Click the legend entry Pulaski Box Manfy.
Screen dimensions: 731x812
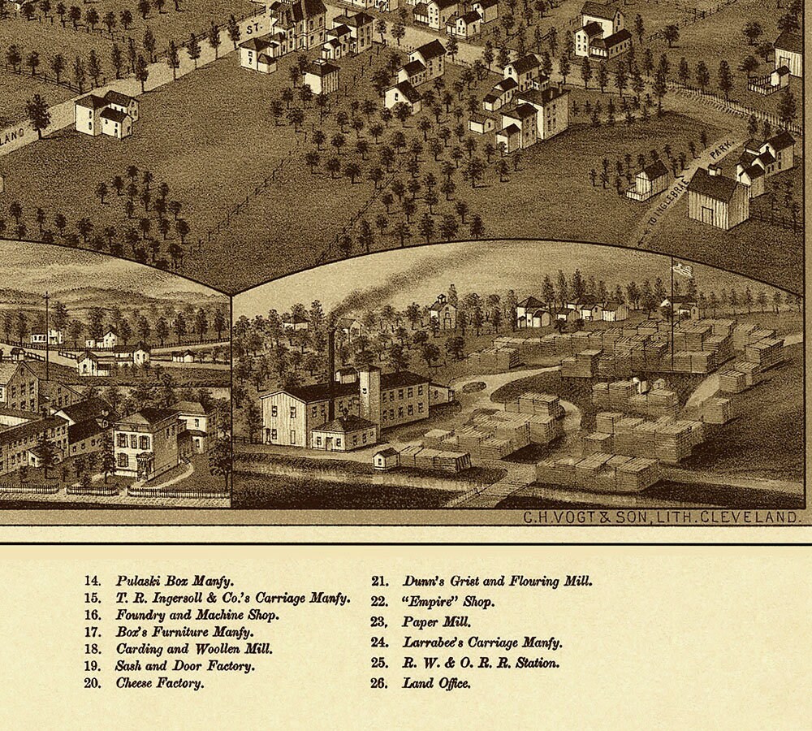point(174,582)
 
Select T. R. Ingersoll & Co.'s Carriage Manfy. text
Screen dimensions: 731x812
point(232,599)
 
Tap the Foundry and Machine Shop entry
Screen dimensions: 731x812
point(197,616)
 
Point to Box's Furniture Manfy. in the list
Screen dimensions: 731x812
point(184,632)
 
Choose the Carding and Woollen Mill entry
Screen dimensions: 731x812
point(194,649)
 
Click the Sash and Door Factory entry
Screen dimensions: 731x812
point(185,666)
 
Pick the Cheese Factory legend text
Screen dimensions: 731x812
point(159,683)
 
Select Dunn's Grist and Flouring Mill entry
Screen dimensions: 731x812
point(497,582)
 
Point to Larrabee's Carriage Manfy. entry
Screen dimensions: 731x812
point(482,642)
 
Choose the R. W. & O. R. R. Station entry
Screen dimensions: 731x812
point(481,663)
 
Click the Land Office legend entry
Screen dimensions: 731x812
point(436,683)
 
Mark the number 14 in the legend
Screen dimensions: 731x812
point(92,582)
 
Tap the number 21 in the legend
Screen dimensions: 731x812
point(379,582)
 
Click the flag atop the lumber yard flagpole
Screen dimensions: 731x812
point(683,269)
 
